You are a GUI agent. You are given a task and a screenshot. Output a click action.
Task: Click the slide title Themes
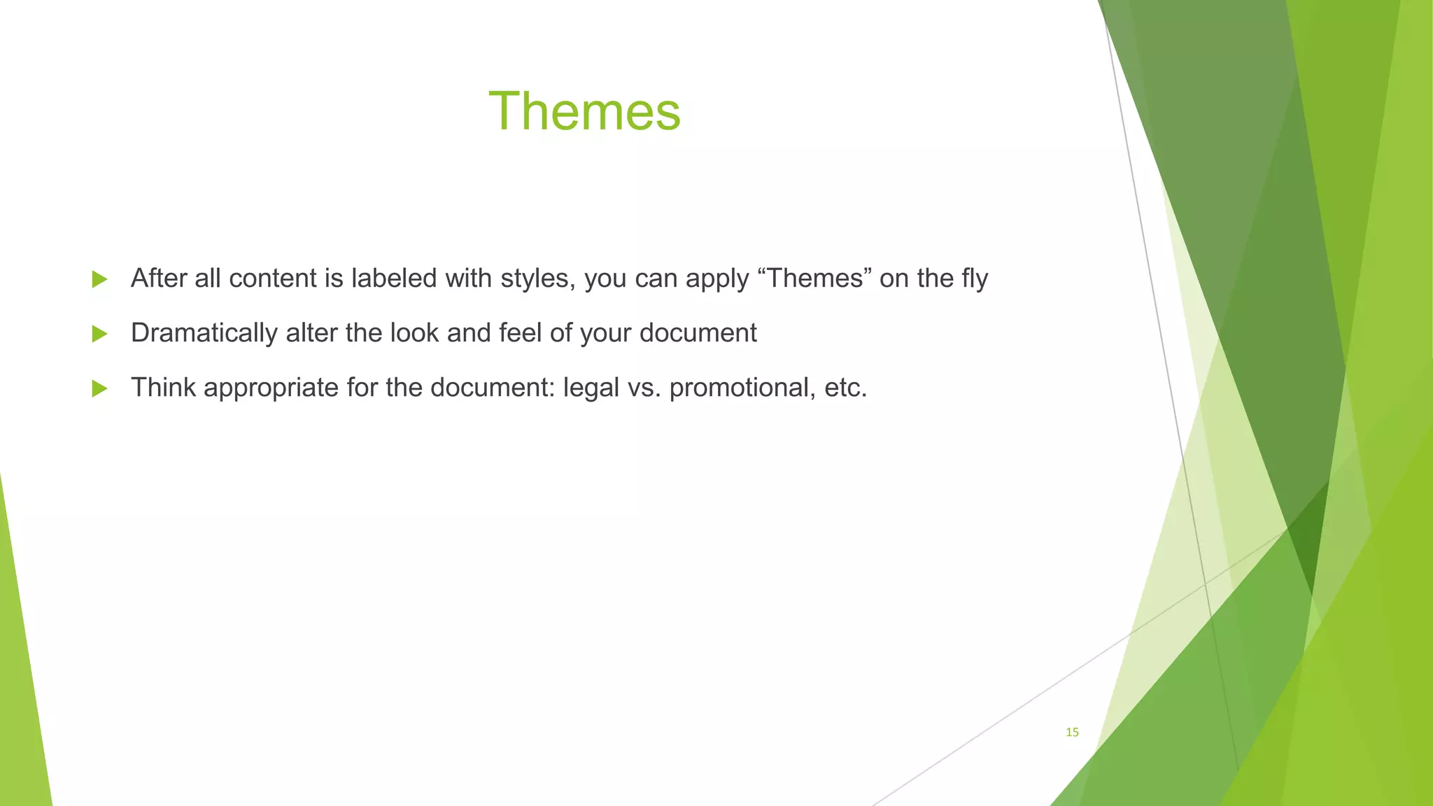(584, 111)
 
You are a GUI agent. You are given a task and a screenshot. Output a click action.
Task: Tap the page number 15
(1072, 733)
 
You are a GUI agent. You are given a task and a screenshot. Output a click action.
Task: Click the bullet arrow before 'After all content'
(99, 279)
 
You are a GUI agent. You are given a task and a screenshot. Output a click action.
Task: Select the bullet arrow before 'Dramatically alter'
(99, 334)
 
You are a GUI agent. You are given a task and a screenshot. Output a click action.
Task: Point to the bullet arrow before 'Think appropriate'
(99, 388)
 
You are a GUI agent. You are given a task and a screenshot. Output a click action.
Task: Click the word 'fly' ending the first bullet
(974, 278)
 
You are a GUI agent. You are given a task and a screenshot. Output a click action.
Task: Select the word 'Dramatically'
(204, 333)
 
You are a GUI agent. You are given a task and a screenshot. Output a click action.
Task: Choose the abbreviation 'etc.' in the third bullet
(846, 388)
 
